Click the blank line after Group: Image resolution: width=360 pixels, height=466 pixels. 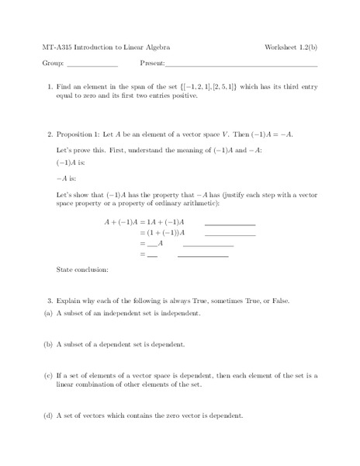tap(92, 64)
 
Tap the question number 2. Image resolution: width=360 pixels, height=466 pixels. tap(50, 133)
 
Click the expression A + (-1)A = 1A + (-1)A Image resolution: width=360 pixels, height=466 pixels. tap(147, 221)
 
